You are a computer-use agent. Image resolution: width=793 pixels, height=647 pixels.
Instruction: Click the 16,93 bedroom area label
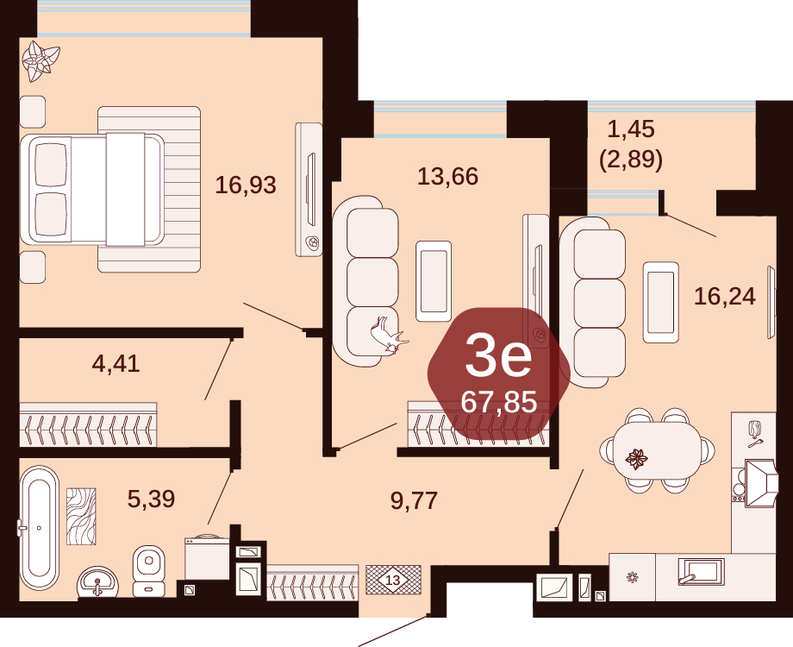click(246, 185)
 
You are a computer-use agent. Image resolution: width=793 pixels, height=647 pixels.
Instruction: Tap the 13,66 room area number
click(447, 176)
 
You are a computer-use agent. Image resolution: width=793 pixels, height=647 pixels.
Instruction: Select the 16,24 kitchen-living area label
click(725, 296)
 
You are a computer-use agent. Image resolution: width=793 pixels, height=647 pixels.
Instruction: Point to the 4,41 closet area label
click(116, 363)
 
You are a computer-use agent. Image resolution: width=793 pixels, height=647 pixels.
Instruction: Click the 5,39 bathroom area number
click(151, 499)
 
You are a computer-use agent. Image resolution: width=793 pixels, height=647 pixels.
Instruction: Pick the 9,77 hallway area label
click(414, 500)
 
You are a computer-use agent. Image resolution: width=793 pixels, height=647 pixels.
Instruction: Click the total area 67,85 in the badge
click(499, 403)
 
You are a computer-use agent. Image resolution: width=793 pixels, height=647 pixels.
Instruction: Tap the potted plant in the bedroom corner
click(41, 60)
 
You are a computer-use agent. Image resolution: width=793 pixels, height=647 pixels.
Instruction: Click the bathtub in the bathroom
click(39, 528)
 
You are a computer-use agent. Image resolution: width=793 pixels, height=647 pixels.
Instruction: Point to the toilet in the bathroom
click(148, 570)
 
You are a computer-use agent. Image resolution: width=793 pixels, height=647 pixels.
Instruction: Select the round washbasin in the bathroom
click(97, 583)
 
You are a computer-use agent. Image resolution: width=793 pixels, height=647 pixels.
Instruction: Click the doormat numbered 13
click(393, 580)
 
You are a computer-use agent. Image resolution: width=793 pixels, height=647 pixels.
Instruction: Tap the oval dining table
click(658, 450)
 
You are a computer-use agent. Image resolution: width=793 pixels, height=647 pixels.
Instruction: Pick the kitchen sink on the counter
click(701, 570)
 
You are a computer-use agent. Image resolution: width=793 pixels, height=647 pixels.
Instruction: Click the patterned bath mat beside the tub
click(81, 517)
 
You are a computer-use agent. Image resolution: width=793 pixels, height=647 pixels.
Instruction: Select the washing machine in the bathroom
click(207, 557)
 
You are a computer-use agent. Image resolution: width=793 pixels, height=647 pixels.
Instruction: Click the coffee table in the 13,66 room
click(434, 281)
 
